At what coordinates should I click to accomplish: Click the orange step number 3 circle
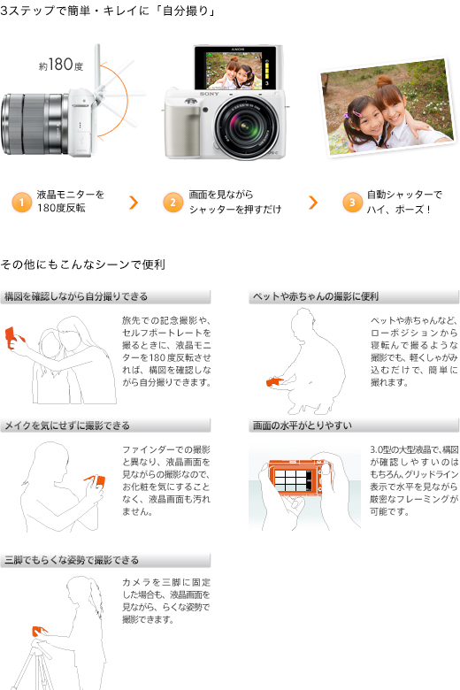coord(352,203)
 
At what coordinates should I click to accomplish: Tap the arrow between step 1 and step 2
coord(134,203)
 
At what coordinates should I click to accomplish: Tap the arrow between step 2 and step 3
coord(313,203)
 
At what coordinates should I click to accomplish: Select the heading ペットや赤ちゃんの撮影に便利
coord(316,296)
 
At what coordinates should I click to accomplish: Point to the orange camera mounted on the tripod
coord(38,632)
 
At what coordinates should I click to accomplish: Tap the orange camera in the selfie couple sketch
coord(13,337)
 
